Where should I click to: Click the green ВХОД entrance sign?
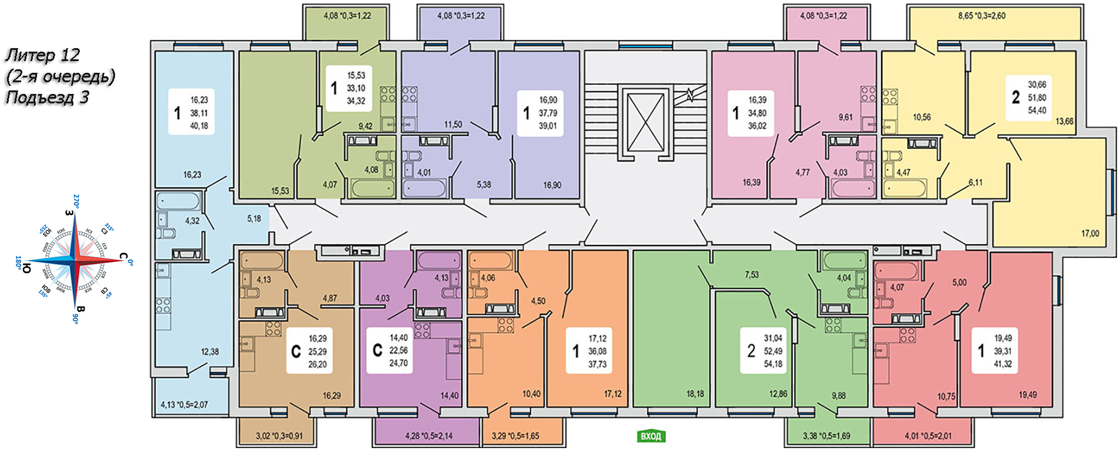pos(650,436)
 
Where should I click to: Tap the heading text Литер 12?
pos(42,55)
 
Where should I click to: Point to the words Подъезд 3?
pos(47,97)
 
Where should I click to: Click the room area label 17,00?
pos(1090,234)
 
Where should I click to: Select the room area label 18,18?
pos(695,394)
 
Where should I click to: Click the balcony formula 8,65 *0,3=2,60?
pos(981,16)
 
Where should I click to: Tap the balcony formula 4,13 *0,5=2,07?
pos(184,405)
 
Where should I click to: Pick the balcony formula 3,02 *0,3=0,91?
pos(279,436)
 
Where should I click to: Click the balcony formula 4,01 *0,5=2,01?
pos(928,436)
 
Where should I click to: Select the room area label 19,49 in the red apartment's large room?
pos(1027,395)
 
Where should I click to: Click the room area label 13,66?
pos(1064,122)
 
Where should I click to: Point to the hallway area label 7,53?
pos(751,275)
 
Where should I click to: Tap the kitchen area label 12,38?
pos(210,352)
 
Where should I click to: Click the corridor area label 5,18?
pos(254,218)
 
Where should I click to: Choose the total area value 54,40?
pos(1037,110)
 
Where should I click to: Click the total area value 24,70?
pos(399,364)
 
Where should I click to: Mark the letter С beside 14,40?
pos(377,351)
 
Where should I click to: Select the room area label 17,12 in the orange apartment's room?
pos(613,394)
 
